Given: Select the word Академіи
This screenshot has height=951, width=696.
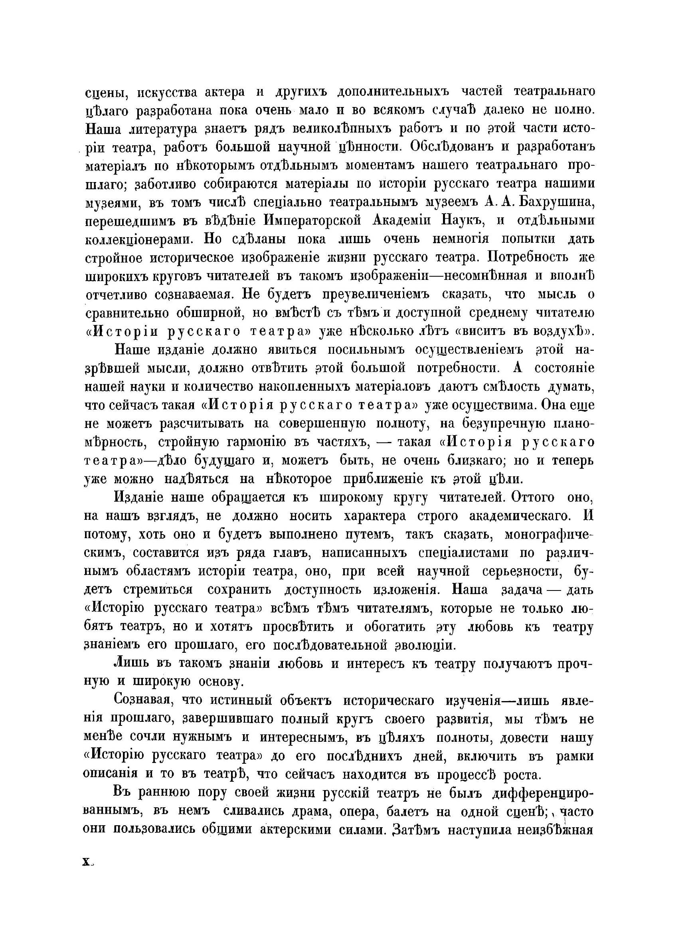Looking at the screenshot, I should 404,221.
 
